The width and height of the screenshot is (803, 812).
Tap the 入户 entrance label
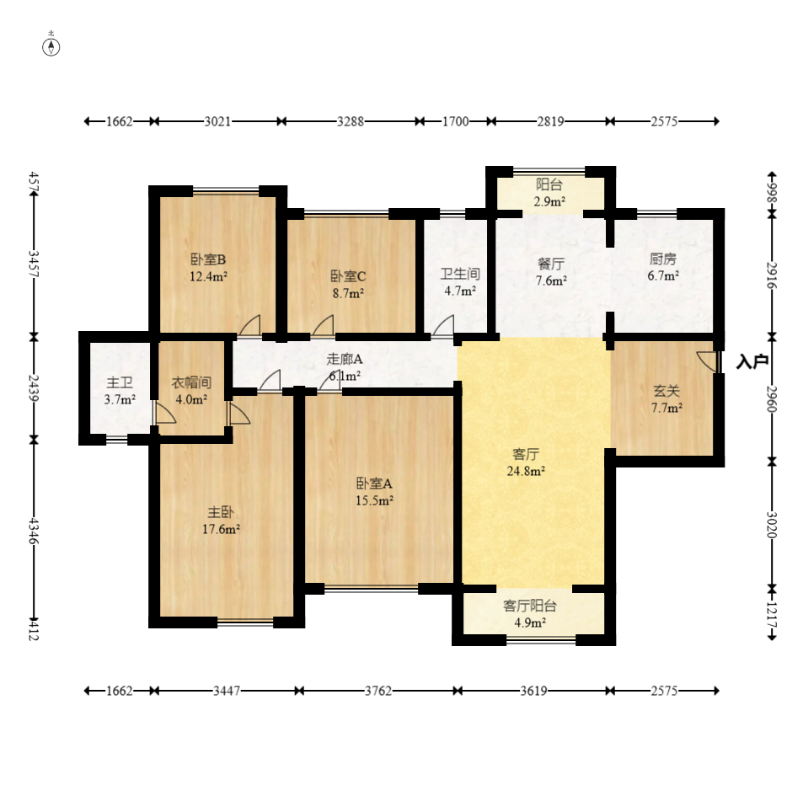pos(752,361)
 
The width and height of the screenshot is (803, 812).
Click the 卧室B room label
pos(208,259)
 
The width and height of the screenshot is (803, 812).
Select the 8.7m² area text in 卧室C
pos(348,293)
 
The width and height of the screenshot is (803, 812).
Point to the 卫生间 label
pos(460,274)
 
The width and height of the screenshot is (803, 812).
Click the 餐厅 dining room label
pos(551,264)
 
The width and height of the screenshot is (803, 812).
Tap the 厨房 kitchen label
pos(663,259)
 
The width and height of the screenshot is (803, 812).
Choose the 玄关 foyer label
pos(666,391)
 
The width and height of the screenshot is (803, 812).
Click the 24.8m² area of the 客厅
pos(525,471)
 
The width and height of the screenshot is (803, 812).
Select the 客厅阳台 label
pos(529,606)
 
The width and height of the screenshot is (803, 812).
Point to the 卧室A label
pos(374,483)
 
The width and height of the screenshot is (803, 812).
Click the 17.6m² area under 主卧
pos(221,529)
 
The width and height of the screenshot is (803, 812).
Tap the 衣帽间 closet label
pos(191,382)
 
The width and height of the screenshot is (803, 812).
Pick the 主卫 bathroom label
pos(120,382)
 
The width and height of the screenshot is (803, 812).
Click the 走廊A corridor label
pos(345,359)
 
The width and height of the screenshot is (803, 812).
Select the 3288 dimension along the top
pos(351,121)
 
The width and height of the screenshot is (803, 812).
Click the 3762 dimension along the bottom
pos(378,691)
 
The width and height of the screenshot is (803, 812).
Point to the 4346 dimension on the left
pos(34,531)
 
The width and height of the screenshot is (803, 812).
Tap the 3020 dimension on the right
pos(772,525)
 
